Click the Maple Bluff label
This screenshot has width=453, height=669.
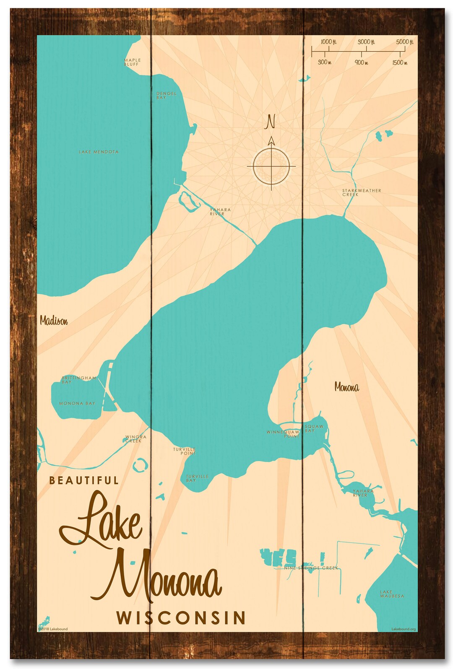point(132,62)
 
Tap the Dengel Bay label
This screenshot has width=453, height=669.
point(166,96)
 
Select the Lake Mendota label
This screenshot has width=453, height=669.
point(99,152)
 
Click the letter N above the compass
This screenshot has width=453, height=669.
point(271,122)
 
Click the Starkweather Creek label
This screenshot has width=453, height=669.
point(361,192)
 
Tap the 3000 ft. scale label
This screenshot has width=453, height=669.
point(366,42)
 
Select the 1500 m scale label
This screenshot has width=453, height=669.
point(399,62)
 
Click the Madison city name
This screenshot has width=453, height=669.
point(54,321)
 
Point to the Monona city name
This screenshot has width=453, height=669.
point(346,387)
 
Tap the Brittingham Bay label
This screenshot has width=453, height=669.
point(78,380)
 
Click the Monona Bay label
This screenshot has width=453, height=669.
point(77,403)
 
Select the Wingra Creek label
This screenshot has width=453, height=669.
point(135,439)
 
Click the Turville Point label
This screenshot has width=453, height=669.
point(185,451)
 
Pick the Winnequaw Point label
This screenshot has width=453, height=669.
point(283,434)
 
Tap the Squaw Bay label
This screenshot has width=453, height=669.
point(314,428)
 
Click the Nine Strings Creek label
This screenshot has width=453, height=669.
point(311,568)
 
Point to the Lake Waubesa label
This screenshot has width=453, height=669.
point(392,594)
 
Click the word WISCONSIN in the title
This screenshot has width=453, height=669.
point(181,618)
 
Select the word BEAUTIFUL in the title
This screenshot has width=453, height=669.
point(84,480)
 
